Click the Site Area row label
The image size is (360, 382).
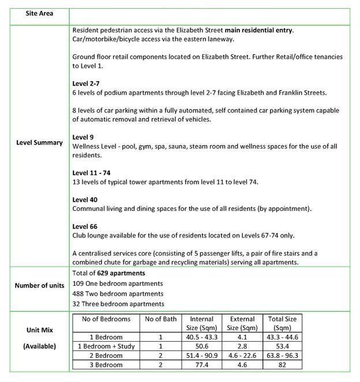click(39, 13)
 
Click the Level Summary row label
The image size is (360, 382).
click(39, 142)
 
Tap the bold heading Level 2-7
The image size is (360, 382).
click(86, 84)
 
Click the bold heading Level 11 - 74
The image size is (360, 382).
click(90, 173)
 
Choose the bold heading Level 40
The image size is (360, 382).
click(84, 199)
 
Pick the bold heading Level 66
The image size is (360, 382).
click(84, 226)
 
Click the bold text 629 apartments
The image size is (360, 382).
click(121, 273)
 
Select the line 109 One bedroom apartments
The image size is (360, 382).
click(118, 283)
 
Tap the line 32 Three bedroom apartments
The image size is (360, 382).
click(118, 304)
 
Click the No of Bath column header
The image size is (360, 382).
click(160, 319)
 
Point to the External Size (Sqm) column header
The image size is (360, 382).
click(242, 323)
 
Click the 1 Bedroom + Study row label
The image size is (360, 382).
click(106, 346)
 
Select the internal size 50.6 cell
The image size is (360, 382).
click(201, 346)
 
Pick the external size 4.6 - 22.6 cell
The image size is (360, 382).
click(242, 355)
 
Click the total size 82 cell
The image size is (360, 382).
click(283, 365)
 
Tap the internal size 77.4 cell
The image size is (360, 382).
click(201, 365)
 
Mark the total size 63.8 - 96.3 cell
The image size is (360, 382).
click(283, 355)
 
